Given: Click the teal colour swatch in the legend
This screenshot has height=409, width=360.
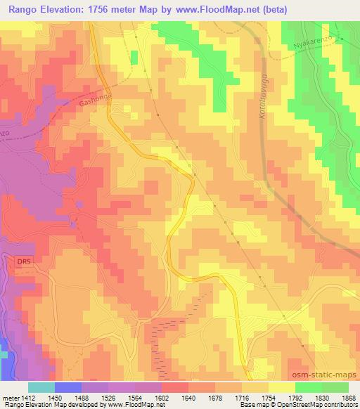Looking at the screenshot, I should click(x=41, y=387).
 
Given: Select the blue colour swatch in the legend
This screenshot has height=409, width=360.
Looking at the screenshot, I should click(x=67, y=387).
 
